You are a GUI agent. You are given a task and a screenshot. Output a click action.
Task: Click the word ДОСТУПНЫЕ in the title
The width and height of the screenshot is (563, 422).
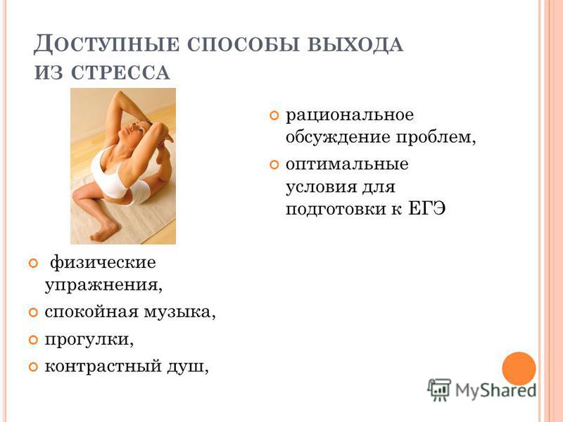106,45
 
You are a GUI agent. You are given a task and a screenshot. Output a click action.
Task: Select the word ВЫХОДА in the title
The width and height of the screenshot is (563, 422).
355,46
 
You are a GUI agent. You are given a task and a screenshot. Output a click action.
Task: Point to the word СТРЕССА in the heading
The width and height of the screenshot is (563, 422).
120,72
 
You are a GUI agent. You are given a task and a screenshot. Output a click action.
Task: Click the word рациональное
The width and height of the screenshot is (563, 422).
350,115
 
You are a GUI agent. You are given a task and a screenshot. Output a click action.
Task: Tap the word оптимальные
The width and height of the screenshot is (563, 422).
347,165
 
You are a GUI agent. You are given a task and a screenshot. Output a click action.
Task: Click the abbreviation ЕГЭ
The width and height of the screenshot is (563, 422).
427,208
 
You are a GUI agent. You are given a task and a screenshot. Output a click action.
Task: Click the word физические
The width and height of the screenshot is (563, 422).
103,262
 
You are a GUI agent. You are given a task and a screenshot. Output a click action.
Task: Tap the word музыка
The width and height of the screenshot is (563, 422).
180,312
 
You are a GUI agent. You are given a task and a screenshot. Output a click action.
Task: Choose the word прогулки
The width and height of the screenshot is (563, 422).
89,339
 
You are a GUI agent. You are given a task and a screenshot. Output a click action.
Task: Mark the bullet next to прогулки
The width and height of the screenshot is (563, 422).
33,340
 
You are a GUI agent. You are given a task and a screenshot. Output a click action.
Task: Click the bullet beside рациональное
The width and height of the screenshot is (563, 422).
274,116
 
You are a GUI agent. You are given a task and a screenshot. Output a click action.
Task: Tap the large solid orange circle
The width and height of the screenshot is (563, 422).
519,369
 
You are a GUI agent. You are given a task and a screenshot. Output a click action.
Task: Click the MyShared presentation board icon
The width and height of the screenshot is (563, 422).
439,390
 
